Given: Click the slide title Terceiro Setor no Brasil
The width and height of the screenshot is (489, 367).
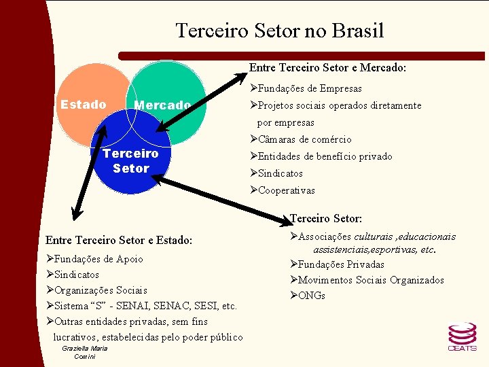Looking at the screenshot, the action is (279, 31).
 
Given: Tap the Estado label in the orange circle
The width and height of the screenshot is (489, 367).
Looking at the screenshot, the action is (83, 105).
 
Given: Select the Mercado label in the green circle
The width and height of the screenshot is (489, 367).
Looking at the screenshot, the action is (162, 105).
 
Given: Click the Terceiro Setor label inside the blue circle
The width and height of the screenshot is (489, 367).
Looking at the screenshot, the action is (130, 160).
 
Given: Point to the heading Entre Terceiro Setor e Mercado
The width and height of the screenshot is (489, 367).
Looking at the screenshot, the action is (328, 67).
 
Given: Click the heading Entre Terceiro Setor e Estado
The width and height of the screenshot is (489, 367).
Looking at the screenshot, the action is (119, 240).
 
